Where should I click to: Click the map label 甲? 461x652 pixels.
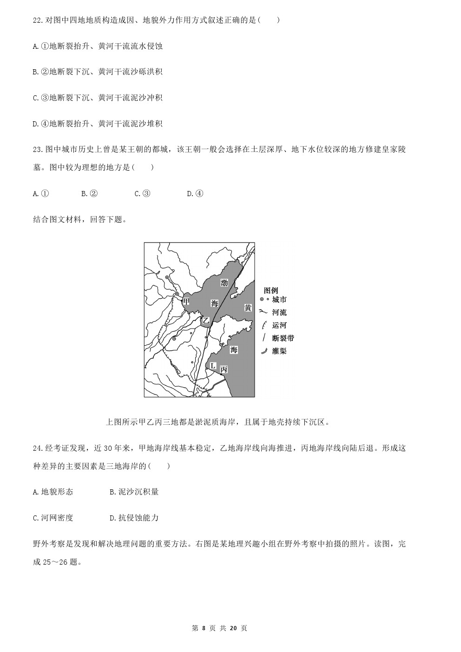[186, 302]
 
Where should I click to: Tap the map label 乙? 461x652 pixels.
[206, 321]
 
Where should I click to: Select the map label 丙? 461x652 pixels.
[224, 369]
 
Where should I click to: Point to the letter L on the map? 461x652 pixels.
[212, 366]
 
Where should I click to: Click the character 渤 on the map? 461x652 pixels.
[224, 283]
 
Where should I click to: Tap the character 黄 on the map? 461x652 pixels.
[248, 308]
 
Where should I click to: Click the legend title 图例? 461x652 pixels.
[271, 290]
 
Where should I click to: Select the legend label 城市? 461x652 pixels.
[279, 300]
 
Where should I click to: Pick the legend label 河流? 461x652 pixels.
[279, 313]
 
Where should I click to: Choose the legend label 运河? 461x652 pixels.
[279, 325]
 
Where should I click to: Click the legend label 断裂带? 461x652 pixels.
[283, 338]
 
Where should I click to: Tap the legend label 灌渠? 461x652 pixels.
[279, 351]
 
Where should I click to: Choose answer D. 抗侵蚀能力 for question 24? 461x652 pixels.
[134, 518]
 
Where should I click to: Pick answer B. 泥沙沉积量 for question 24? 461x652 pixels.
[134, 492]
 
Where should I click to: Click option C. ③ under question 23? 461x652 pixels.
[142, 194]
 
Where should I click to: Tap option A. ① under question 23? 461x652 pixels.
[41, 194]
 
